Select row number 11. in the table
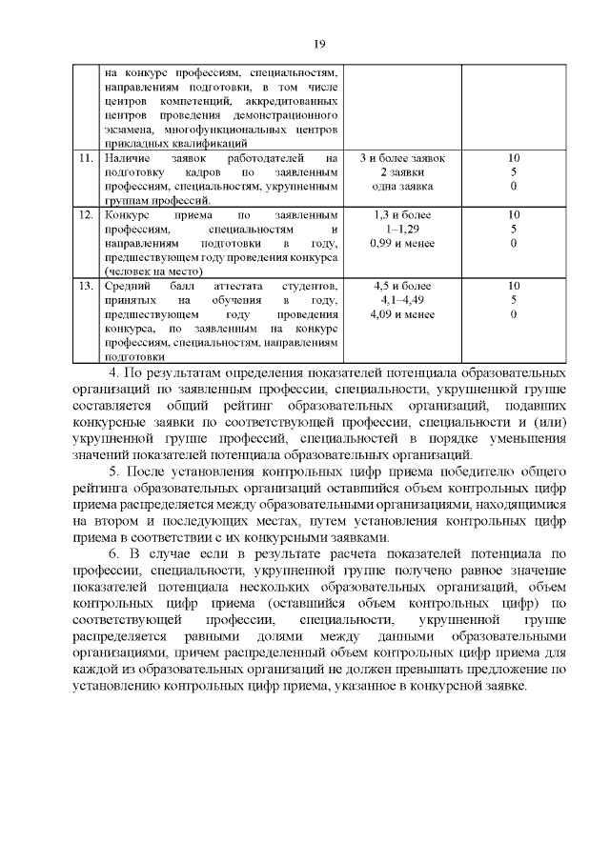[87, 157]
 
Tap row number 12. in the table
[87, 215]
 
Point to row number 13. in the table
[87, 286]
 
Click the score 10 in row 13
[514, 286]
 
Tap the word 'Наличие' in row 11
[127, 157]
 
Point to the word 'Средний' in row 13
[127, 286]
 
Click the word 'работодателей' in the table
[261, 157]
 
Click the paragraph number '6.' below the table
[112, 552]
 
